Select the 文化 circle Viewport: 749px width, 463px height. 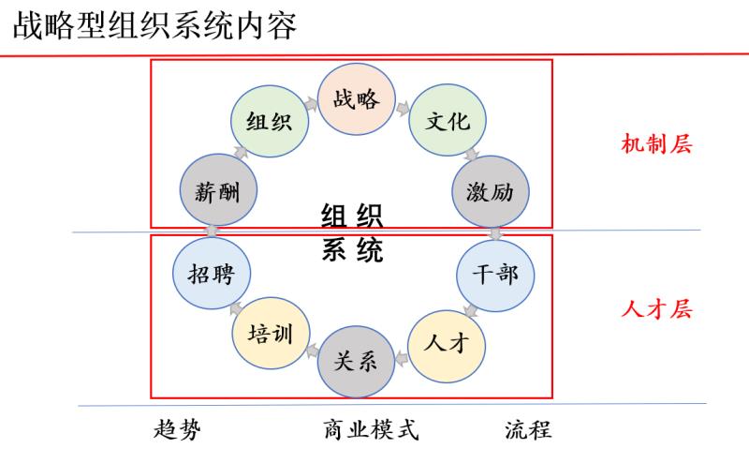coord(447,122)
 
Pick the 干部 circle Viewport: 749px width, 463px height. coord(494,275)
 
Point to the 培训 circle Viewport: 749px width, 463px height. coord(269,334)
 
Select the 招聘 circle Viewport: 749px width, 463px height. coord(212,275)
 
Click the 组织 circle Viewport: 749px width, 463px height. coord(269,122)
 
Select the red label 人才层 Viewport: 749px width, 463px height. coord(656,308)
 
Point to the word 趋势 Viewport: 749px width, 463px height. coord(177,429)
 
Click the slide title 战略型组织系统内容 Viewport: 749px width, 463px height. coord(154,25)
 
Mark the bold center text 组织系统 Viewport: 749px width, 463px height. coord(352,234)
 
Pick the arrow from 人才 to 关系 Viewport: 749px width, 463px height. coord(402,354)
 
